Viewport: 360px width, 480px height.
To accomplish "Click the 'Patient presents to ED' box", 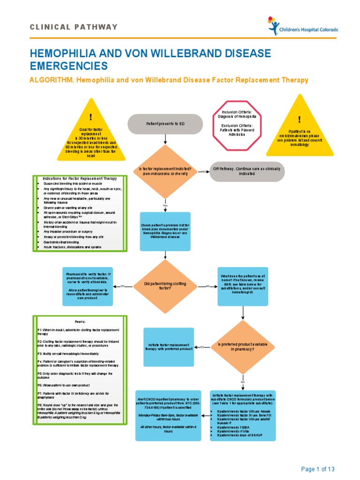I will coord(165,124).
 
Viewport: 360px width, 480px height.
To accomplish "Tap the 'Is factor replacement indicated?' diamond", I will coord(165,172).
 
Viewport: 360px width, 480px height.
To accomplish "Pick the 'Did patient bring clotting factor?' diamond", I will coord(165,286).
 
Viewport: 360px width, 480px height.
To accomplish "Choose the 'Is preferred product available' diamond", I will coord(243,347).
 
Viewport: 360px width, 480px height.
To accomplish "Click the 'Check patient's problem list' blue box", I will coord(165,232).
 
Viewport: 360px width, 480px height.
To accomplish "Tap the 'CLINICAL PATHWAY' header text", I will coord(74,27).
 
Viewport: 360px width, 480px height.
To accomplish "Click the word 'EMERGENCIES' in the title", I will coord(68,65).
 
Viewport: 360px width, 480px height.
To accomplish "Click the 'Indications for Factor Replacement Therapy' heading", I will coord(80,179).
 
